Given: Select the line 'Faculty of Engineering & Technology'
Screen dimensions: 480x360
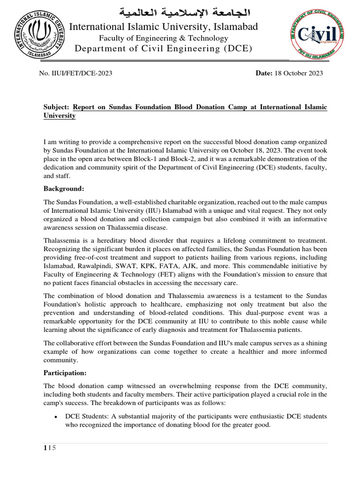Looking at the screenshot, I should [163, 38].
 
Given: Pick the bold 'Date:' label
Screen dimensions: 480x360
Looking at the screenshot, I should [264, 74].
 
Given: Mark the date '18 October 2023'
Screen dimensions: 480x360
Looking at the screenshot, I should [299, 74].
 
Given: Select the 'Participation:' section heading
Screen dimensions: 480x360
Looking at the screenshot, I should [66, 374].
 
